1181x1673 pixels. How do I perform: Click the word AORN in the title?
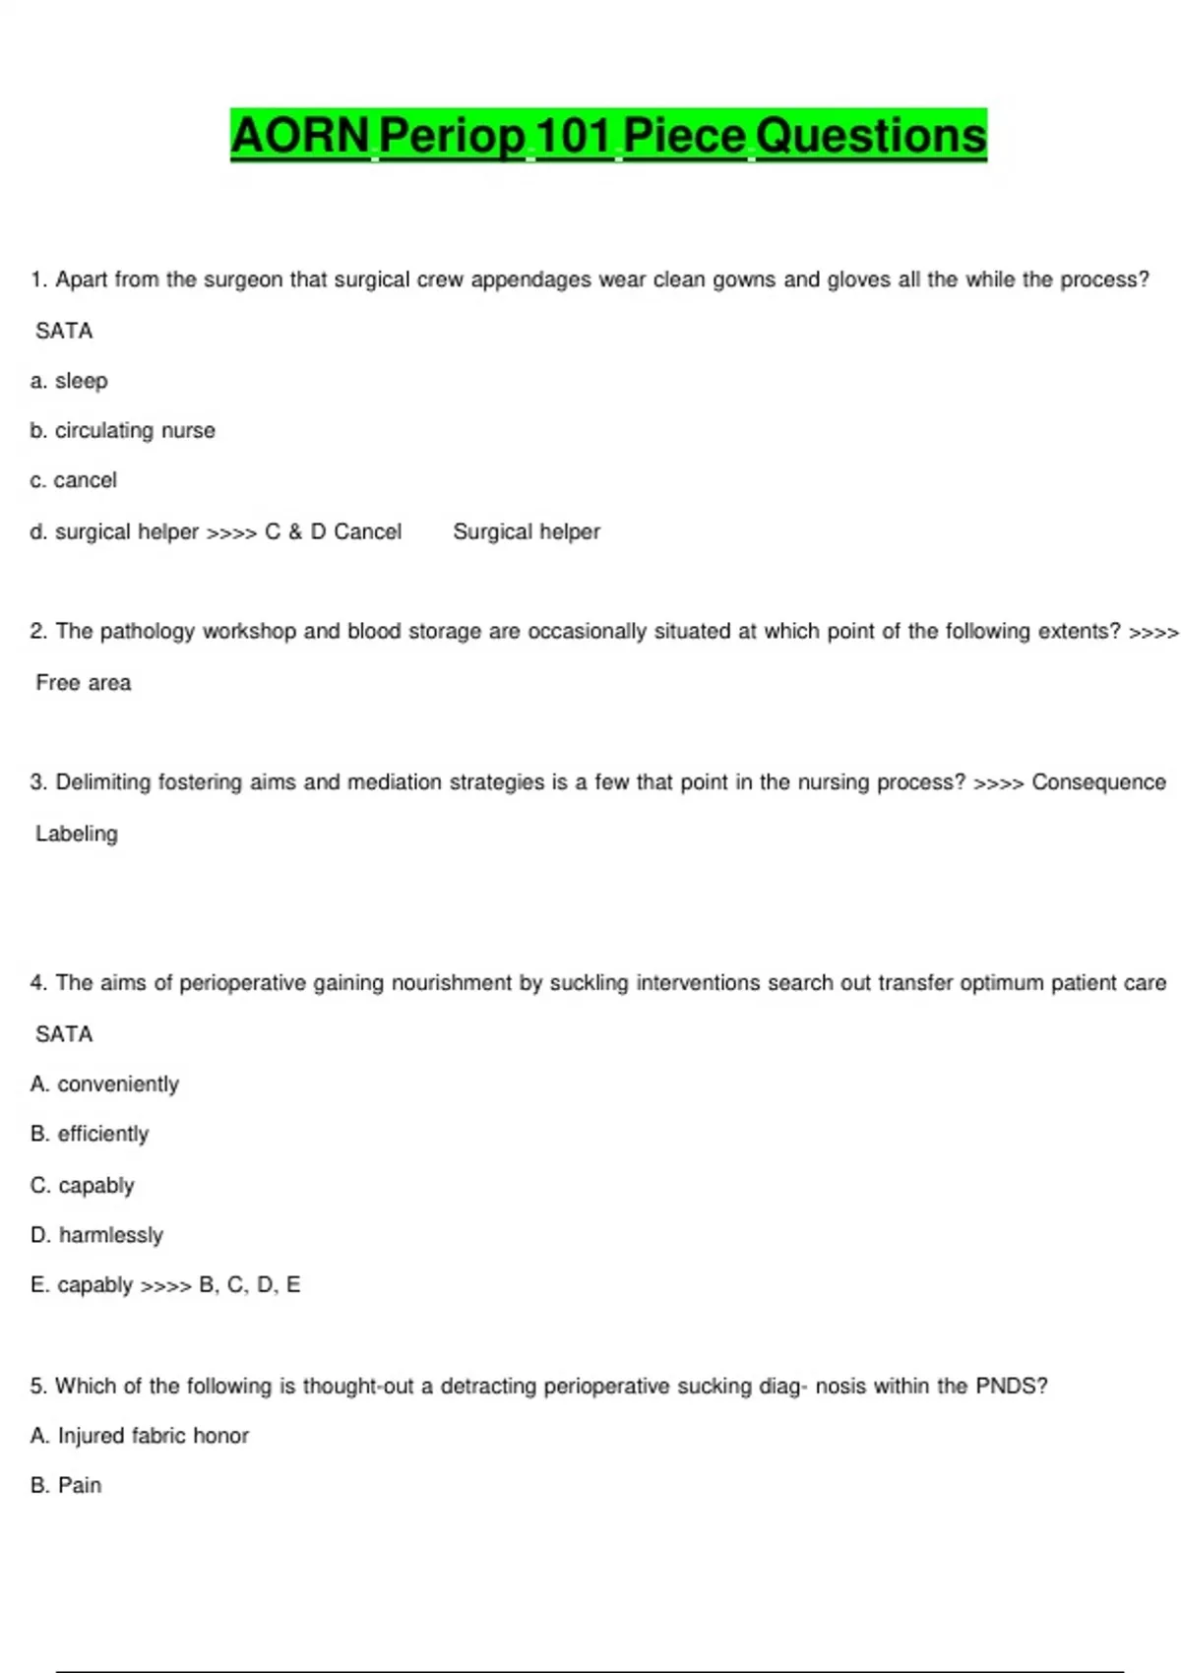point(300,135)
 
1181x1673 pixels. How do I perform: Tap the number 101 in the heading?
point(574,135)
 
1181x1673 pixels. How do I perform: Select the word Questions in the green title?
point(871,135)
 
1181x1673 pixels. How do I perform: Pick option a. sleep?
point(69,381)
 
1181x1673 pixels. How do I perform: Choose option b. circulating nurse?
point(123,431)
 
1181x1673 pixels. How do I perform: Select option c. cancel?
point(74,480)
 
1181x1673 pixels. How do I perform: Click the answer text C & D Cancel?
point(334,531)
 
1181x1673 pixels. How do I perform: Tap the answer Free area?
point(84,683)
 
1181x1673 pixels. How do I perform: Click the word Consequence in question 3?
point(1098,782)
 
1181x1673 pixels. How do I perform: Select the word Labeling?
point(77,834)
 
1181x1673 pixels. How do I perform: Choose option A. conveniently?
point(105,1084)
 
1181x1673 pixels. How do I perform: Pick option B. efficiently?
point(91,1134)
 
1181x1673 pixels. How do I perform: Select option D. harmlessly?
point(97,1235)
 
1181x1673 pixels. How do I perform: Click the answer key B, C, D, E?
point(249,1285)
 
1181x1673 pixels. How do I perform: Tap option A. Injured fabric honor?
point(140,1436)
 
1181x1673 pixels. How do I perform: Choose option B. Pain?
point(66,1485)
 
